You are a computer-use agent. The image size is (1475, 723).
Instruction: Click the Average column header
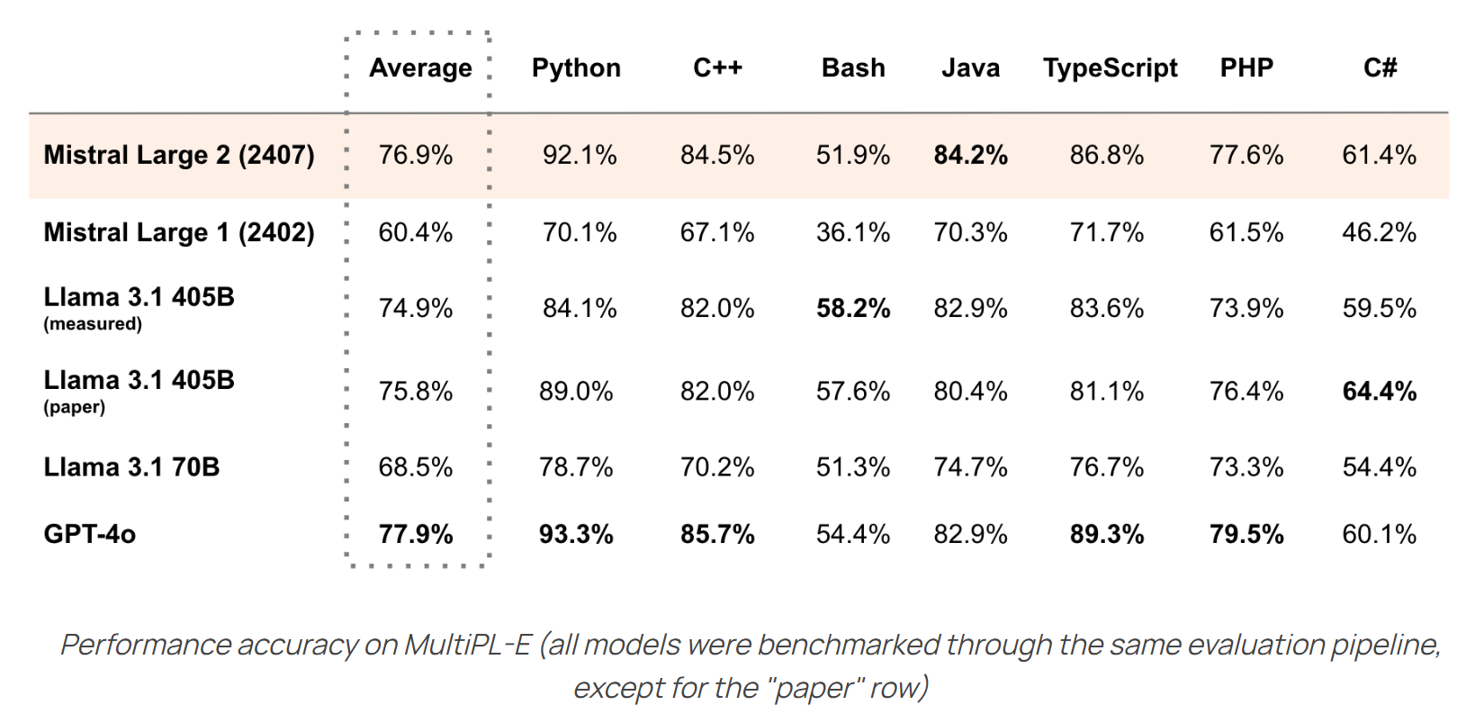pyautogui.click(x=420, y=68)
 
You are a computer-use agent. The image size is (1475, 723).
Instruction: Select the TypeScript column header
pyautogui.click(x=1110, y=68)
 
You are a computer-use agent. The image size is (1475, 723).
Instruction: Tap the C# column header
pyautogui.click(x=1380, y=68)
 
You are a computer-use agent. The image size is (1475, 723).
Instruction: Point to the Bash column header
pyautogui.click(x=853, y=68)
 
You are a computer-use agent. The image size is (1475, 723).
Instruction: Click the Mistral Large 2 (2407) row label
pyautogui.click(x=179, y=155)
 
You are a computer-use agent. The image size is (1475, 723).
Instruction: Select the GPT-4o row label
pyautogui.click(x=90, y=534)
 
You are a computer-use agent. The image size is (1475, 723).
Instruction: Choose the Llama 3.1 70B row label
pyautogui.click(x=131, y=467)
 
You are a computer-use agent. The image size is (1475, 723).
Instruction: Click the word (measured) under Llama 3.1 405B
pyautogui.click(x=93, y=324)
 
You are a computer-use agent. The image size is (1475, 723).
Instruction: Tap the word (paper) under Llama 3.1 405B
pyautogui.click(x=75, y=407)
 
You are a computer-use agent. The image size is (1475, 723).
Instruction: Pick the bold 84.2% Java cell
pyautogui.click(x=970, y=155)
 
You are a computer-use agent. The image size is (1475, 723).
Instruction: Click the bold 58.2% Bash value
pyautogui.click(x=853, y=309)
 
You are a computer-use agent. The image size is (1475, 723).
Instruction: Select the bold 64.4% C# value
pyautogui.click(x=1379, y=392)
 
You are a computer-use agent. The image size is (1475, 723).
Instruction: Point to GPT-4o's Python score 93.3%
pyautogui.click(x=576, y=534)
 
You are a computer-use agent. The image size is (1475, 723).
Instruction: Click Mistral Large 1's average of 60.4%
pyautogui.click(x=415, y=232)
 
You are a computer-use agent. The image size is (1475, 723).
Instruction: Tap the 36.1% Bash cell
pyautogui.click(x=853, y=232)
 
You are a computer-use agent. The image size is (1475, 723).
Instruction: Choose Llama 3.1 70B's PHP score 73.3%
pyautogui.click(x=1246, y=467)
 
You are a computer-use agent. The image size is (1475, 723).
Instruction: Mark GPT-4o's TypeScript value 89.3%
pyautogui.click(x=1107, y=534)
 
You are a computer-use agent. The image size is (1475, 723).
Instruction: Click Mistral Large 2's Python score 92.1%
pyautogui.click(x=580, y=155)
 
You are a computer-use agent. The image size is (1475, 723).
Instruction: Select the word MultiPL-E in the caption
pyautogui.click(x=468, y=646)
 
